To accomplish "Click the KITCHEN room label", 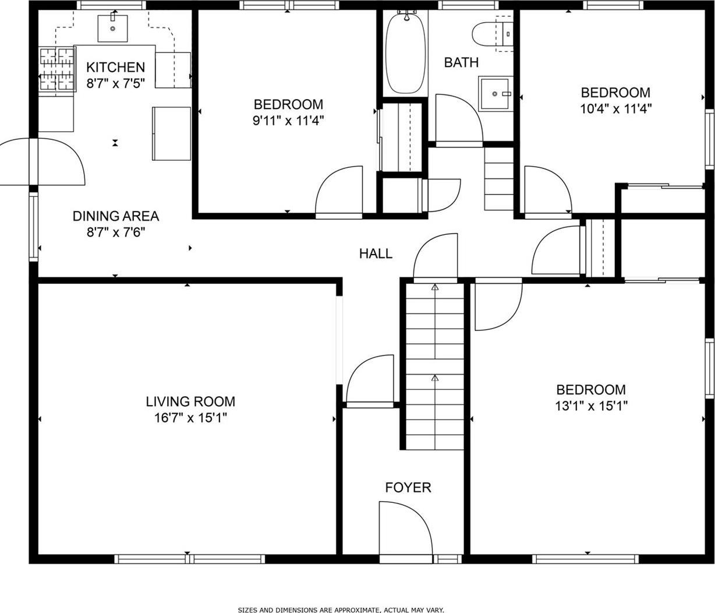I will (115, 67).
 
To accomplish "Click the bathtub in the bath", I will (406, 53).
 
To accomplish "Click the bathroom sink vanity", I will (495, 93).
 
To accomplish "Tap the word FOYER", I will (408, 487).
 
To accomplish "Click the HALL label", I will (376, 253).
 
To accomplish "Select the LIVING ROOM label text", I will (190, 401).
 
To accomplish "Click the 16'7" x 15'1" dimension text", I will (190, 418).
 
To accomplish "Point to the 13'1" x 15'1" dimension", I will (590, 406).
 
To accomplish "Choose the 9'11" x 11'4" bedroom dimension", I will (288, 121).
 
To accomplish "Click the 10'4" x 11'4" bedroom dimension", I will (615, 108).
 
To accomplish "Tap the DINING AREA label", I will (115, 216).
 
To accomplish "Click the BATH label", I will (461, 62).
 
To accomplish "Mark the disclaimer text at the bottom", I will (341, 610).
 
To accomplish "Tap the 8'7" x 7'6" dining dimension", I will (115, 232).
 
